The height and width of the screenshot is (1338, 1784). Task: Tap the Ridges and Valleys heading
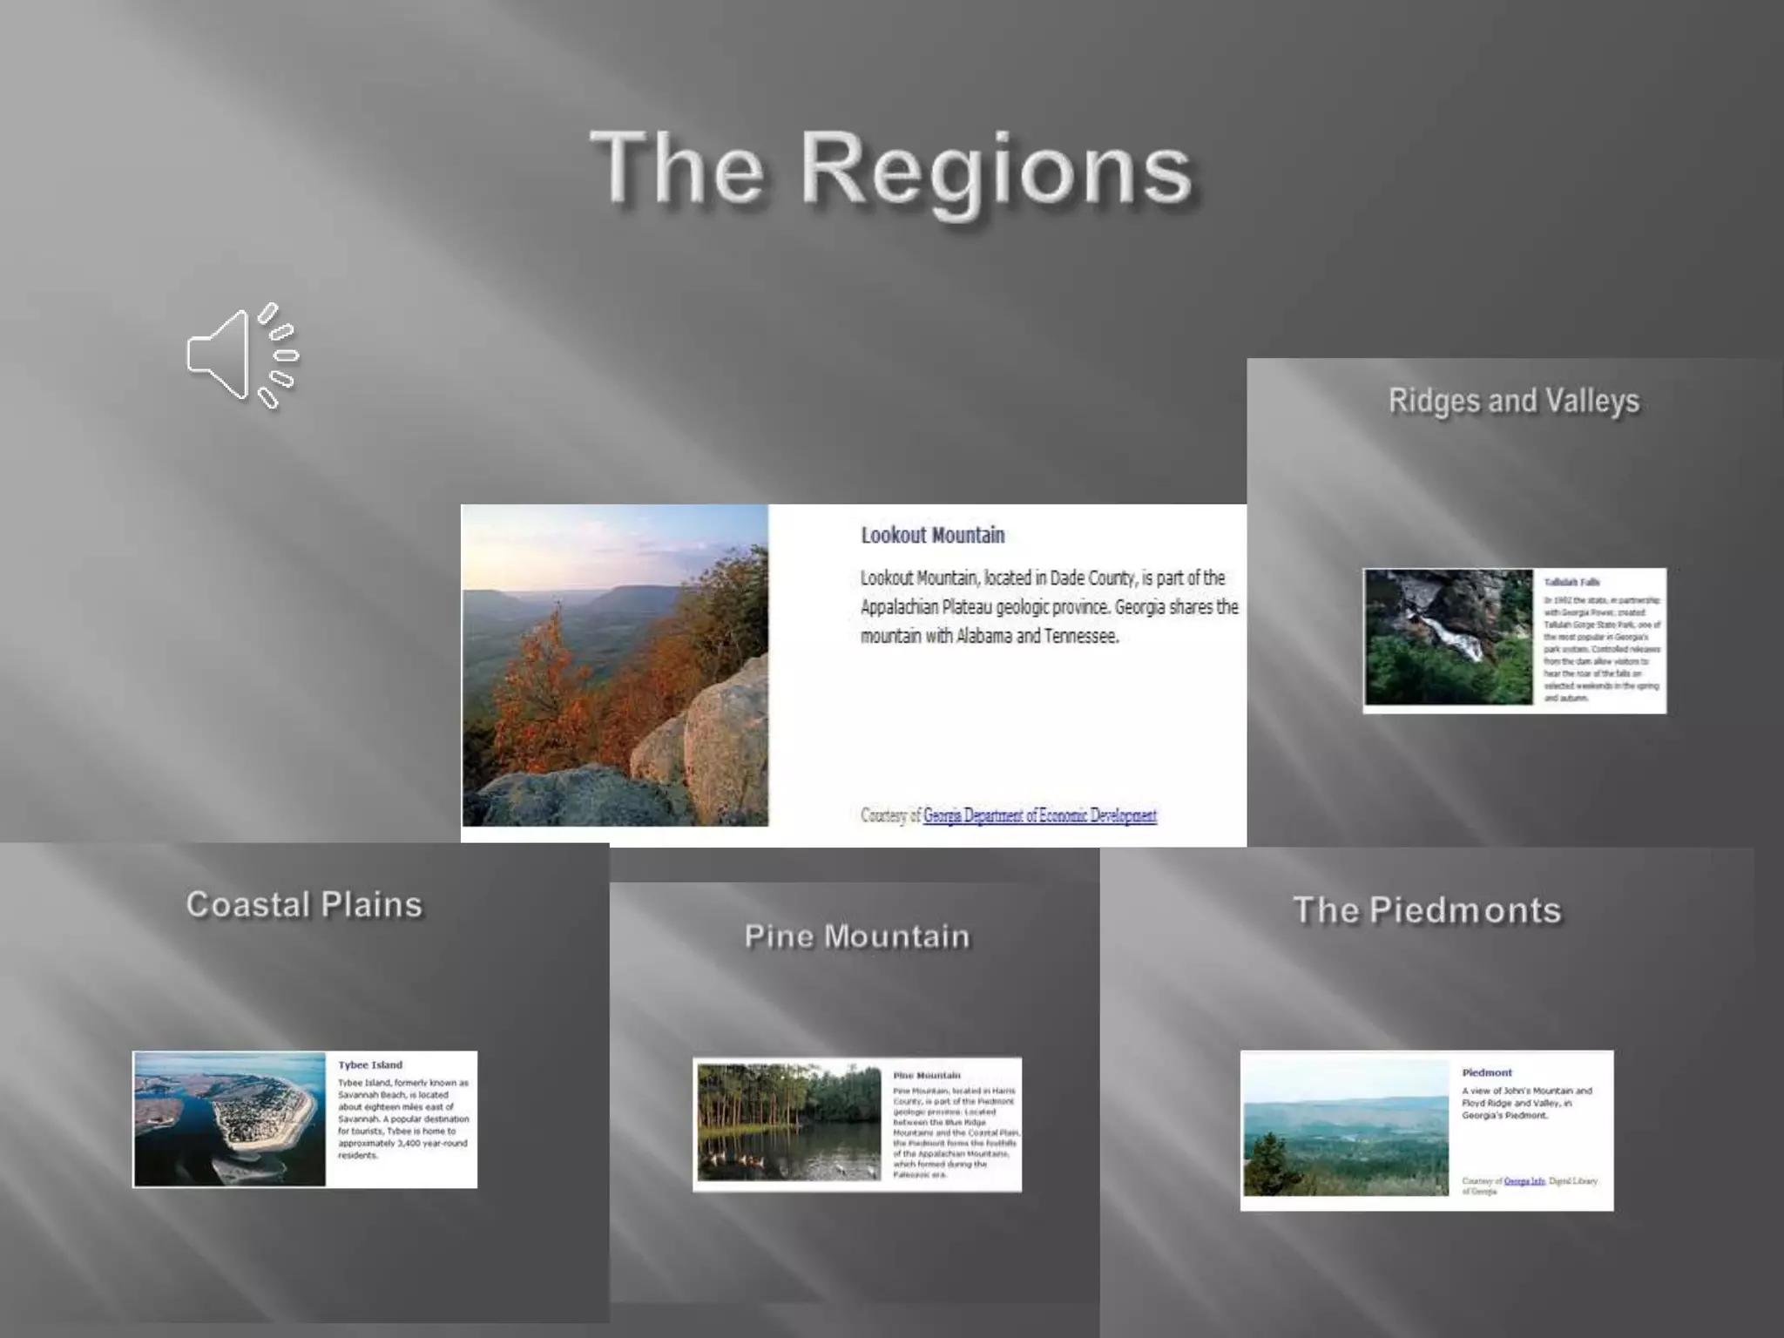(x=1513, y=401)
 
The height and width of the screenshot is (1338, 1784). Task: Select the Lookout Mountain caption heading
(x=932, y=535)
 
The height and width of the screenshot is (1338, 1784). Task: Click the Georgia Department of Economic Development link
(x=1039, y=815)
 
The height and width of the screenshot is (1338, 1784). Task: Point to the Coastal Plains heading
(x=304, y=904)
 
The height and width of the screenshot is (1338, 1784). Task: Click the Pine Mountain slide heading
(x=856, y=936)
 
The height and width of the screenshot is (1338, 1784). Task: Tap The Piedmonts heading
(x=1427, y=910)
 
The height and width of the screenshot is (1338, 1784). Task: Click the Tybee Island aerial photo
(x=230, y=1119)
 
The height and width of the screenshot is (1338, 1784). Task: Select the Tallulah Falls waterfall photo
(x=1449, y=637)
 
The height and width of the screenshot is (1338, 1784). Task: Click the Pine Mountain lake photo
(x=789, y=1121)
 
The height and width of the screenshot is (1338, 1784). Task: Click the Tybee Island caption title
(x=370, y=1064)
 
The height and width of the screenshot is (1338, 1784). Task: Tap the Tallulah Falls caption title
(x=1571, y=582)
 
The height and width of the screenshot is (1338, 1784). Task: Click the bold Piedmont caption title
(x=1487, y=1072)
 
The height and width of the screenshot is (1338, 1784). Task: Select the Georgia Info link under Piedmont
(x=1524, y=1181)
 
